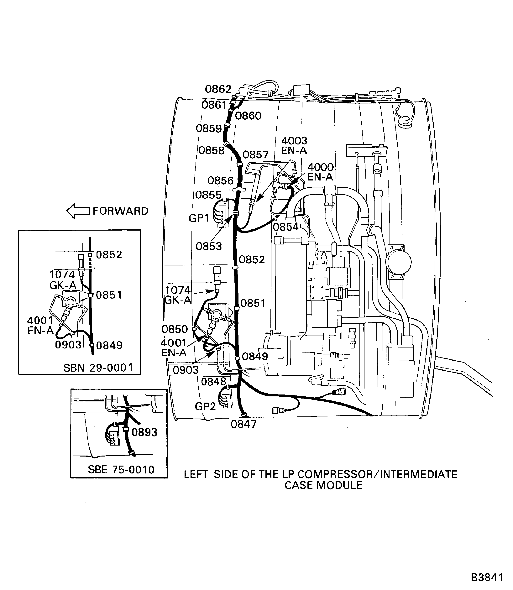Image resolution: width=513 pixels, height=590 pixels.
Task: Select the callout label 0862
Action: click(x=218, y=89)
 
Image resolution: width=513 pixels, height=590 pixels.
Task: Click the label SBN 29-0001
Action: click(x=98, y=368)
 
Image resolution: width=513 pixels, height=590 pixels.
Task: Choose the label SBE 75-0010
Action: click(x=121, y=469)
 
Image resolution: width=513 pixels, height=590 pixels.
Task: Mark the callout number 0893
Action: click(x=144, y=432)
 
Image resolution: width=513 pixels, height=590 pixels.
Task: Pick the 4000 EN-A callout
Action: click(x=320, y=172)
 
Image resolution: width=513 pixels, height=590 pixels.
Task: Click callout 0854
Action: click(x=286, y=227)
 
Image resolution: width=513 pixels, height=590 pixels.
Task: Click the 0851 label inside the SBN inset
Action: click(x=109, y=295)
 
